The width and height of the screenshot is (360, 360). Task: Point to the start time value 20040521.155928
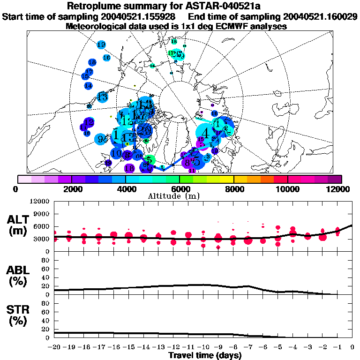tap(139, 16)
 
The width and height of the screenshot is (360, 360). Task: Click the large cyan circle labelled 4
tap(205, 132)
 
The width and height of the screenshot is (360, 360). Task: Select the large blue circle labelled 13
tap(102, 97)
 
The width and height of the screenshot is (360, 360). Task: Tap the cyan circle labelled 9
tap(101, 139)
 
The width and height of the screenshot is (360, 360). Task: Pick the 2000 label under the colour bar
tap(71, 189)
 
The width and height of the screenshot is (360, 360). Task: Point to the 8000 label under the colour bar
tap(233, 189)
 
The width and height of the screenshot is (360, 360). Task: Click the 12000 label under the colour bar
tap(339, 189)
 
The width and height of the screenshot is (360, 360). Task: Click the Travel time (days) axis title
tap(205, 355)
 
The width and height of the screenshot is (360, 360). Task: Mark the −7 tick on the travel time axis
tap(248, 347)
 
